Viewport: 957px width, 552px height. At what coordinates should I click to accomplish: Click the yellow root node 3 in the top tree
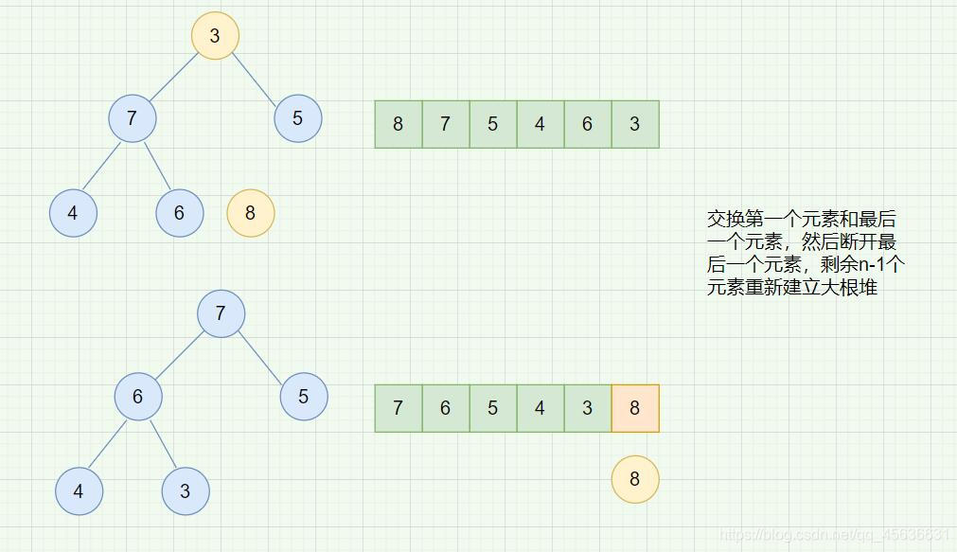pos(215,36)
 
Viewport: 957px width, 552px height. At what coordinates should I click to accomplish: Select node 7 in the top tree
pos(132,118)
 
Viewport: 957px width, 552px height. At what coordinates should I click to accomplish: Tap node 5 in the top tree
pos(298,118)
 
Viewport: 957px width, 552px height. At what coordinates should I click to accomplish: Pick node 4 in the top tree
pos(73,213)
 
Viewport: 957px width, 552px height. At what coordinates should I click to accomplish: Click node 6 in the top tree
pos(180,213)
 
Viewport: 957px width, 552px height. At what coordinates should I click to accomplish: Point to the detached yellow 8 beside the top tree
pos(250,213)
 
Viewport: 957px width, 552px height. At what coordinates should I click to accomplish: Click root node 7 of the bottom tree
pos(221,313)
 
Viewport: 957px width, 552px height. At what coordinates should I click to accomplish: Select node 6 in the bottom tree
pos(138,397)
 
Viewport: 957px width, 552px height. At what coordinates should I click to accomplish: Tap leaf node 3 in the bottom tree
pos(186,490)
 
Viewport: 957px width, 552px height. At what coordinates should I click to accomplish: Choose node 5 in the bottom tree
pos(304,397)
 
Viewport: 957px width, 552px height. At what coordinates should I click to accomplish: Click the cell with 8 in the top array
pos(399,124)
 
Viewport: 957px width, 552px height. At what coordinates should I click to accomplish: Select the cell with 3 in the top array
pos(634,124)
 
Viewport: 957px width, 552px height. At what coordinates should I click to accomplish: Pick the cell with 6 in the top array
pos(587,124)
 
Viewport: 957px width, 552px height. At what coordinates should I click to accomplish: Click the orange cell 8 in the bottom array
pos(634,408)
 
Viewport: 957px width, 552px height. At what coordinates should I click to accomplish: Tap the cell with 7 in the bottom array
pos(399,408)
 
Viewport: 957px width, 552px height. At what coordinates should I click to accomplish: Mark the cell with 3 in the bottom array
pos(587,408)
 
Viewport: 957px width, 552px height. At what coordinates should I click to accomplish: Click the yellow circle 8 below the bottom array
pos(634,479)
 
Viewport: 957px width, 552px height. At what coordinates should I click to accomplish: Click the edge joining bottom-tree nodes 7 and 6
pos(180,355)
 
